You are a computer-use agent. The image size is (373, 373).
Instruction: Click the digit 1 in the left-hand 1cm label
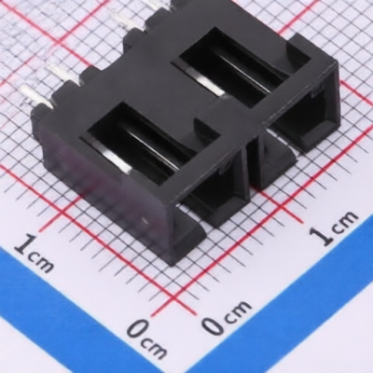click(x=26, y=244)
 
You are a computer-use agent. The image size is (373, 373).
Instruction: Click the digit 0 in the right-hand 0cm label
click(x=214, y=325)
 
